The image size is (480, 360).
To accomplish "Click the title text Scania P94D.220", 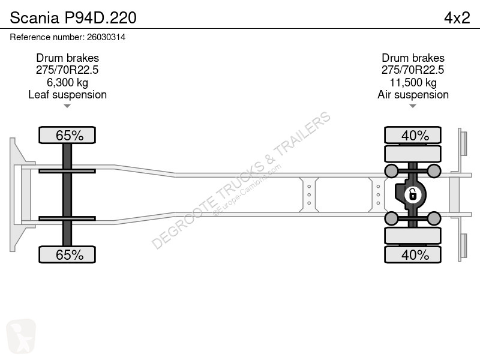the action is [x=73, y=18].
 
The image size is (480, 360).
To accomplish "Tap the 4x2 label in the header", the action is [x=457, y=18].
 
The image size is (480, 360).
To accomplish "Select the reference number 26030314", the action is [x=106, y=37].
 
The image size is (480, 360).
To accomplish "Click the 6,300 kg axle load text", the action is [x=67, y=82].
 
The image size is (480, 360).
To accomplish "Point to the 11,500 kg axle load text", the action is [x=413, y=82].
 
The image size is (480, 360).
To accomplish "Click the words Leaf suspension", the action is [x=67, y=95].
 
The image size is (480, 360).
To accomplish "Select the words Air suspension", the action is [x=413, y=95].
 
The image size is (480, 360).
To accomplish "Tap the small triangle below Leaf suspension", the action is [x=67, y=106].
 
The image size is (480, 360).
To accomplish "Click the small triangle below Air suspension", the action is [x=413, y=106].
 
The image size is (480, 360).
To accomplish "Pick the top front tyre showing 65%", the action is [x=67, y=135].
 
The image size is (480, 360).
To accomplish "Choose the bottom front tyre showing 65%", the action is [x=67, y=254].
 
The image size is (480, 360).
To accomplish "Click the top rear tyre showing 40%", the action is [x=413, y=135].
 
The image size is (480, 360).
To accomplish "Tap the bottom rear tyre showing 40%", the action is [x=413, y=254].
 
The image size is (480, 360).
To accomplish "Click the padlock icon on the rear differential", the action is [x=413, y=194].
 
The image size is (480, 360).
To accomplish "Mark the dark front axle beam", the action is [x=67, y=194].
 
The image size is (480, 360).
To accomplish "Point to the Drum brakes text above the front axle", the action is [x=67, y=58].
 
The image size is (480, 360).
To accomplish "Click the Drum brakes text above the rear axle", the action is [x=413, y=58].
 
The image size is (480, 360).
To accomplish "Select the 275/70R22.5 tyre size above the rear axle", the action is [x=413, y=70].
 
